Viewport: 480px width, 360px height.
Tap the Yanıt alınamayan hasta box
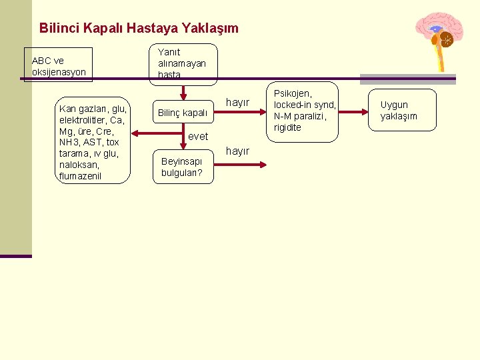(182, 63)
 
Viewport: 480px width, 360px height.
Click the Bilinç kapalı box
(182, 113)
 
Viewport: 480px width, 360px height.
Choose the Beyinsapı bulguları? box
(181, 167)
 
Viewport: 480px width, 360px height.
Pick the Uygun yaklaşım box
(399, 110)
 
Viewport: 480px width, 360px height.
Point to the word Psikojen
(294, 93)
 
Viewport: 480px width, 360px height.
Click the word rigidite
(287, 127)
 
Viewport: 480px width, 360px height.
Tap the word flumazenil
(81, 176)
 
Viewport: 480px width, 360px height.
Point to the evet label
(198, 137)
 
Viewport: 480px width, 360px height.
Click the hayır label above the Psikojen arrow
(238, 103)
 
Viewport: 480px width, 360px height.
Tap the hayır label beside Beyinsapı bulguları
(238, 151)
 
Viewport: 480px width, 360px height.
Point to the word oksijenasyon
(59, 71)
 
